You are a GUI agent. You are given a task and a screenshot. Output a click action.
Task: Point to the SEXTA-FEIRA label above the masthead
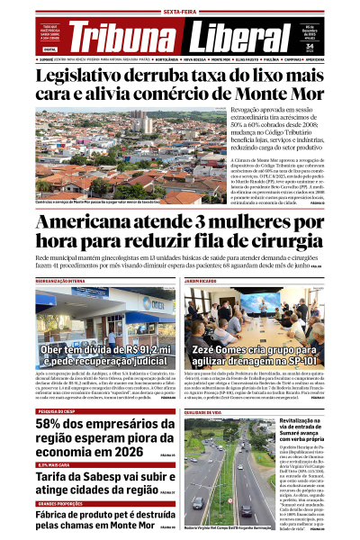(x=180, y=11)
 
